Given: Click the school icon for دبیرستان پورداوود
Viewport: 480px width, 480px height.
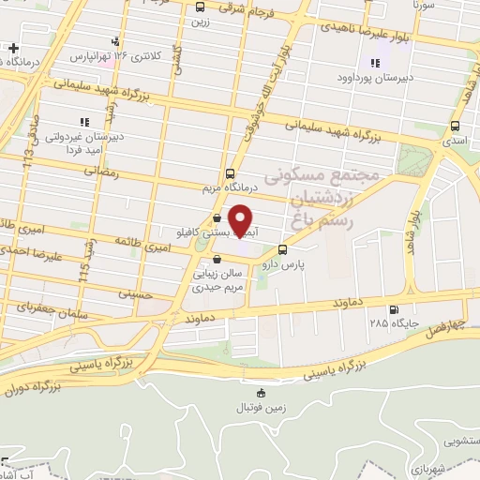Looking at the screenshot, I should click(x=375, y=63).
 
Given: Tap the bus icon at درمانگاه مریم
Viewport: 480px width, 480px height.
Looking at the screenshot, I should click(x=231, y=173).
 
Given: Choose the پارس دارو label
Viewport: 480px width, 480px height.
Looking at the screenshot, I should click(x=310, y=264).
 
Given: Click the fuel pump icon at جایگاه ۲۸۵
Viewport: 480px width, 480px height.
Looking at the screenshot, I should click(x=392, y=310).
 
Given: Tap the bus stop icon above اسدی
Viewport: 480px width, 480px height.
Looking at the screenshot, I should click(x=456, y=126).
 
